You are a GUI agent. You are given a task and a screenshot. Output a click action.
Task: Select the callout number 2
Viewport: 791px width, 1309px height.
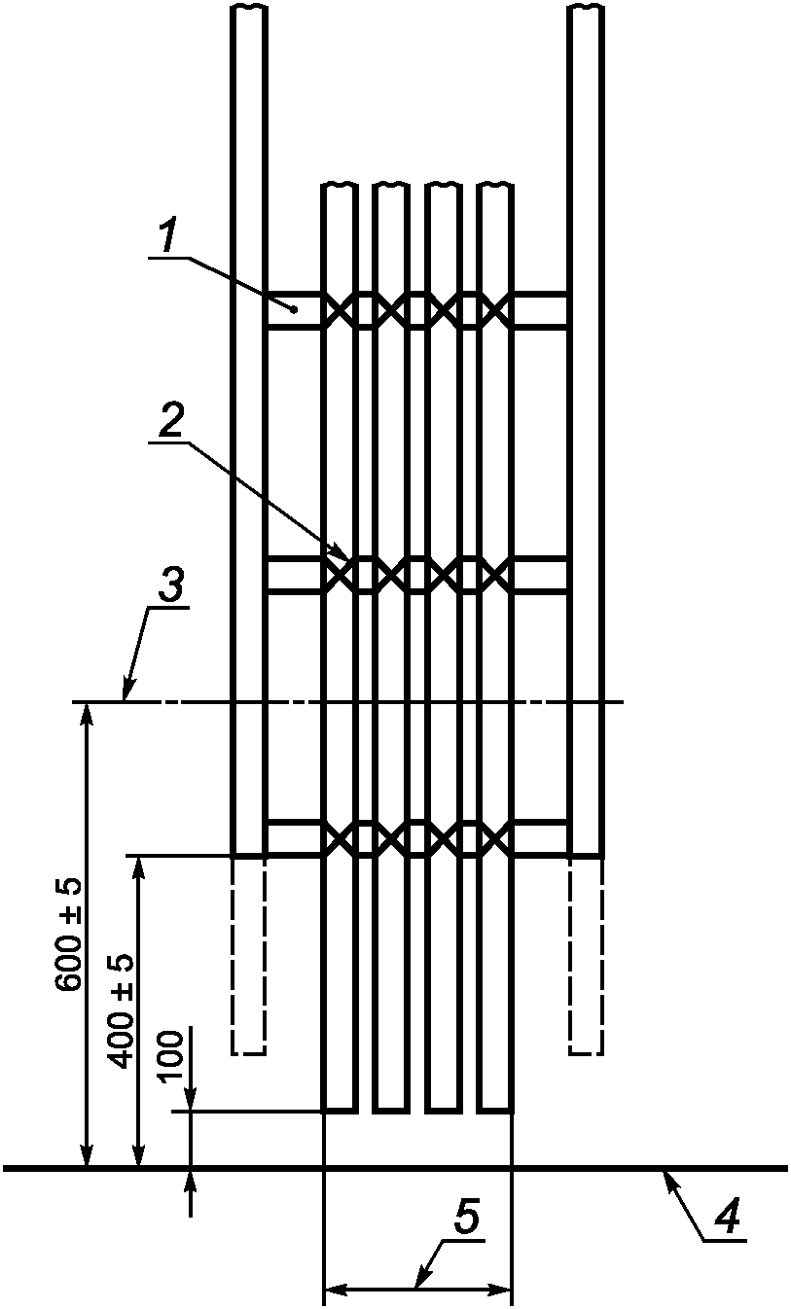tap(171, 422)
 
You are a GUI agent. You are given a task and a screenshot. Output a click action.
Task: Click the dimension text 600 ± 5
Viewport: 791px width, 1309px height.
tap(69, 936)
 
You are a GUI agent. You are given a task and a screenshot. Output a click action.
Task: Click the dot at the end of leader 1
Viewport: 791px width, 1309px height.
tap(293, 309)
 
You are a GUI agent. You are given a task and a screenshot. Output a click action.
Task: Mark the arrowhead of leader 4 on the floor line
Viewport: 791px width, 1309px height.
tap(665, 1174)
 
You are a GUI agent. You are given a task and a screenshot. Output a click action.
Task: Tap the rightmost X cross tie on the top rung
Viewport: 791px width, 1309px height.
tap(495, 310)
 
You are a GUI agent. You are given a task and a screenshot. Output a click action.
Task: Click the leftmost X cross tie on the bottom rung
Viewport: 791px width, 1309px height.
tap(340, 837)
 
